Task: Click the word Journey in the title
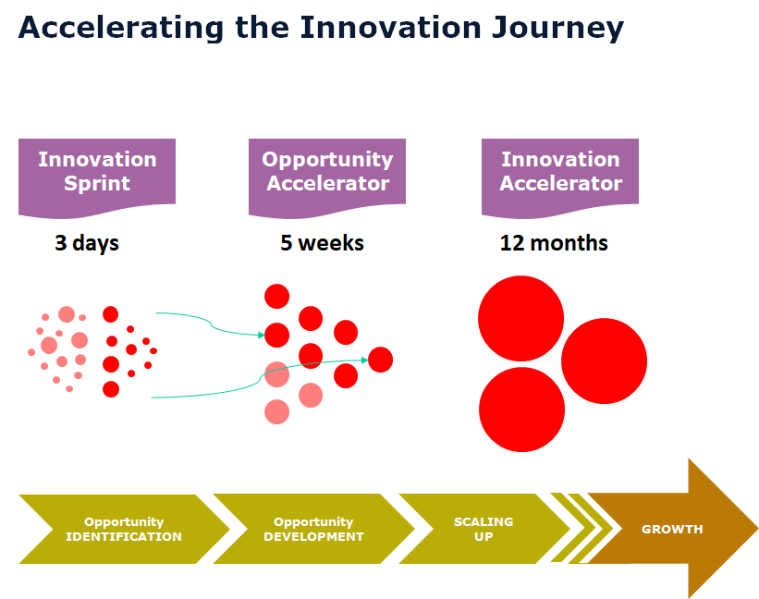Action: tap(555, 29)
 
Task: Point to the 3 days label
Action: tap(87, 243)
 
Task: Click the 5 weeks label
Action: tap(322, 243)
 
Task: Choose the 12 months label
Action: tap(554, 243)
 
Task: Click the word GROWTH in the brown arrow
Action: tap(672, 530)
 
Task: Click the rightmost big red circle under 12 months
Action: tap(604, 361)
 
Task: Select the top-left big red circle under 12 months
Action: tap(520, 319)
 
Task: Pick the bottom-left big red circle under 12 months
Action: tap(521, 410)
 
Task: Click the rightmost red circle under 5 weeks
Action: tap(380, 360)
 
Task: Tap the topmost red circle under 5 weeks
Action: tap(277, 296)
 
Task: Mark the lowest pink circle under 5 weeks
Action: tap(277, 411)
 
